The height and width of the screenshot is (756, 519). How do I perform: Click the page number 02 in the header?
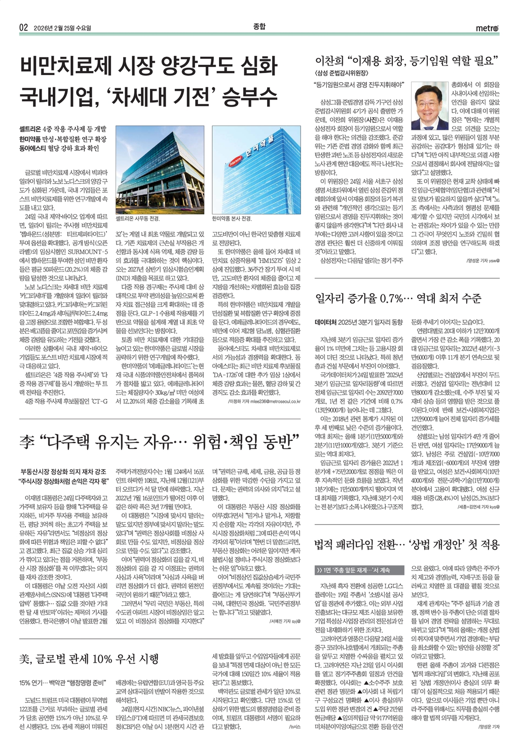pos(23,28)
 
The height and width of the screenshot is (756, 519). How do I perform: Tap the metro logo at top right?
pos(487,28)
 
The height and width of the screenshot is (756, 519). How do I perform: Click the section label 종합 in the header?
pos(259,27)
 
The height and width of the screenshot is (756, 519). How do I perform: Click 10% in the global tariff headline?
pos(102,659)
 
